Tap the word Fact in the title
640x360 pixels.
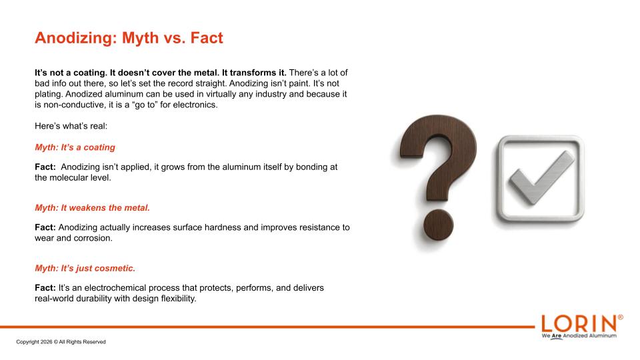point(207,38)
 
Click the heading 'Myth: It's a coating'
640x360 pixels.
point(75,147)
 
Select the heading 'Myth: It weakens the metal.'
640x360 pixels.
point(92,208)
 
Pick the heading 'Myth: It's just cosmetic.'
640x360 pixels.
point(85,268)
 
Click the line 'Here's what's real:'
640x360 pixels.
point(71,126)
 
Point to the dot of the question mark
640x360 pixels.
point(439,225)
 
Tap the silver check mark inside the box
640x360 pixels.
point(541,177)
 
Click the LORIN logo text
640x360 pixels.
point(579,324)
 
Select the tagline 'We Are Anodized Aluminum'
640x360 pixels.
point(579,336)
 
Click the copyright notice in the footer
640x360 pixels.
point(61,342)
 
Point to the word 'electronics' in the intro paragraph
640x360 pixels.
point(195,105)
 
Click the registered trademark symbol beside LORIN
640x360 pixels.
point(621,317)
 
